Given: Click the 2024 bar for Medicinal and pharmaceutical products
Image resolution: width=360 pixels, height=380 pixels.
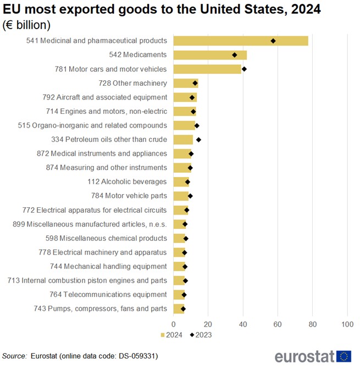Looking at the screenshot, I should coord(240,41).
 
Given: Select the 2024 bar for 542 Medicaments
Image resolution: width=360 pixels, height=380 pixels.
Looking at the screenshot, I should coord(209,55).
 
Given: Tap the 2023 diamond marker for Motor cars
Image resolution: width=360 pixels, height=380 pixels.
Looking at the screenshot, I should coord(244,69).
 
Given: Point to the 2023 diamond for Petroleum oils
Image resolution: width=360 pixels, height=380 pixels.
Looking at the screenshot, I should coord(198,140).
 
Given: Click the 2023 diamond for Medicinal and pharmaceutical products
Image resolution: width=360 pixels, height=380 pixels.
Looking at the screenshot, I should coord(273,41).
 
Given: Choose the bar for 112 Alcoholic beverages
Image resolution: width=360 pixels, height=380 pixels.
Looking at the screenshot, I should coord(181,181).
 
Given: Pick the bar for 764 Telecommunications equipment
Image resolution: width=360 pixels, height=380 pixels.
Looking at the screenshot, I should coord(179,295).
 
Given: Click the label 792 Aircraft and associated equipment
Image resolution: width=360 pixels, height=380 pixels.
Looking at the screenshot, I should coord(104,97).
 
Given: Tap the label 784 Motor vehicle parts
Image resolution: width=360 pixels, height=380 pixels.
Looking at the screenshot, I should coord(129,196).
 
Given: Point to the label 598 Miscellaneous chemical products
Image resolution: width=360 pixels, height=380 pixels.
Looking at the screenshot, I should coord(106,238).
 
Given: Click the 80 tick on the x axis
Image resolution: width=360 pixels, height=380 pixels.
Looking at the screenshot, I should coord(313,324).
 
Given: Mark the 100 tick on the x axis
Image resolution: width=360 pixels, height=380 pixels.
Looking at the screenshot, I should coord(347,324).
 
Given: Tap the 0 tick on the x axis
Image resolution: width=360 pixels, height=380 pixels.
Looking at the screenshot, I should coord(174,324).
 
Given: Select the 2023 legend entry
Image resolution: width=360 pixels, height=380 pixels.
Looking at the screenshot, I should coord(201,334).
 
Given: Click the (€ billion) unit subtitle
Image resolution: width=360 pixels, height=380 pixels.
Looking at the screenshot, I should coord(27,25).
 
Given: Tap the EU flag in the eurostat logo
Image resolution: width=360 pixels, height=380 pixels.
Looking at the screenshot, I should coord(345,356).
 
